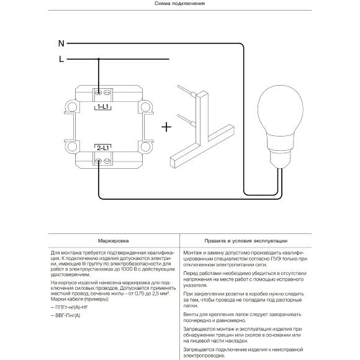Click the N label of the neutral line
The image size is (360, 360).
click(x=61, y=43)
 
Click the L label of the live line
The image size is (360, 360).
click(x=61, y=59)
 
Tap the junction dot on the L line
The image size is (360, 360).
click(x=99, y=59)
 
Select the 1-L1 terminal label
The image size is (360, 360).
click(x=103, y=107)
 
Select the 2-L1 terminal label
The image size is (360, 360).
click(x=103, y=148)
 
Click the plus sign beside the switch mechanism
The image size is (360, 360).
click(x=166, y=127)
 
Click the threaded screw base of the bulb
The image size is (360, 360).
click(x=280, y=159)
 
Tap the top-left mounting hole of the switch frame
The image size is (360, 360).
click(x=72, y=107)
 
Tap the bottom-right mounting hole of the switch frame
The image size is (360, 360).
click(x=145, y=146)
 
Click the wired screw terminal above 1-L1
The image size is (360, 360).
click(x=99, y=92)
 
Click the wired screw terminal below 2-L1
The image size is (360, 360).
click(x=98, y=161)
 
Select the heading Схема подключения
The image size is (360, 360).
click(x=179, y=4)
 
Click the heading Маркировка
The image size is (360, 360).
click(x=113, y=241)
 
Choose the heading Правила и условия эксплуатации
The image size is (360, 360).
click(x=246, y=241)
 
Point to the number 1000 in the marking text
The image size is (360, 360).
click(x=127, y=269)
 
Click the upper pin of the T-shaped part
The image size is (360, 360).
click(x=186, y=90)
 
